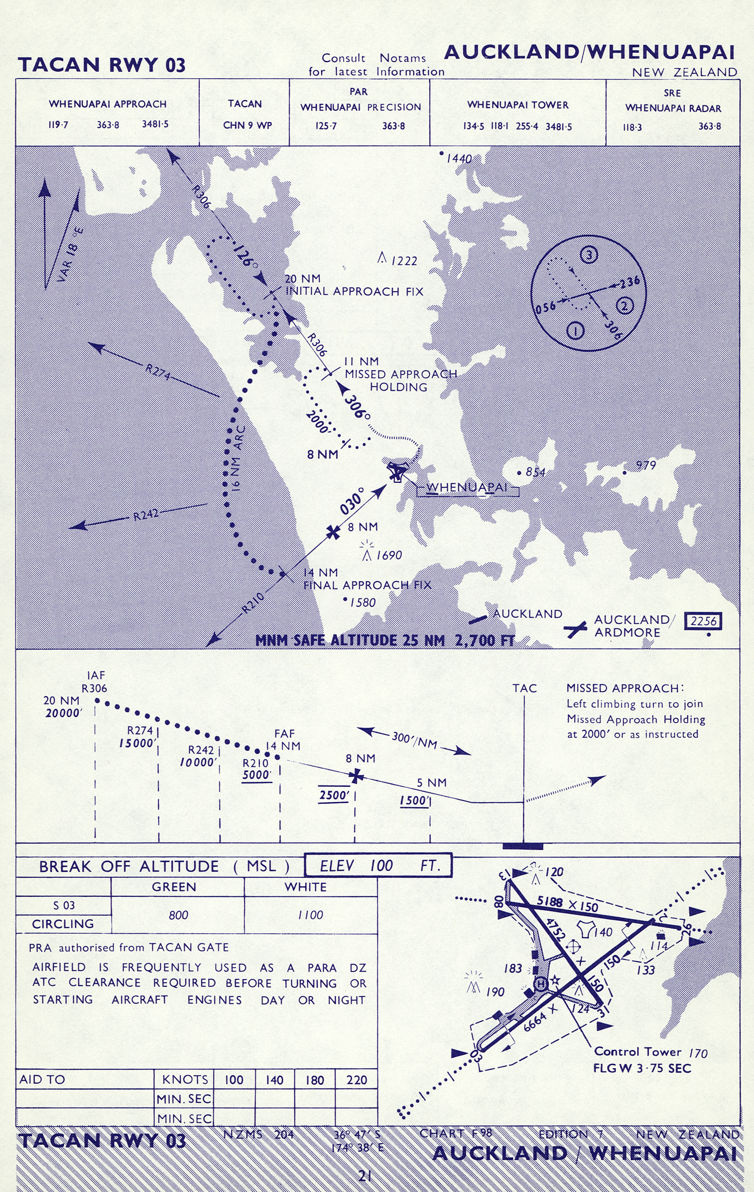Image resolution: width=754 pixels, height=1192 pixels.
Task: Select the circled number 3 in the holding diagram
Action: pyautogui.click(x=589, y=255)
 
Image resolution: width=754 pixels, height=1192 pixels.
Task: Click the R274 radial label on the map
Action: pyautogui.click(x=157, y=372)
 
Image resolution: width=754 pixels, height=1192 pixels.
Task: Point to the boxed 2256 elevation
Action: pyautogui.click(x=703, y=621)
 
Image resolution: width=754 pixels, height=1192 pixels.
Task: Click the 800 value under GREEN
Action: pyautogui.click(x=178, y=915)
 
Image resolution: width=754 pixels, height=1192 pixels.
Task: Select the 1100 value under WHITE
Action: pyautogui.click(x=310, y=915)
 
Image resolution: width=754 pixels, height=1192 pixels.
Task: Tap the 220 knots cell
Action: pyautogui.click(x=357, y=1080)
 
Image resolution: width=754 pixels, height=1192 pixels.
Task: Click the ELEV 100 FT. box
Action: pyautogui.click(x=378, y=866)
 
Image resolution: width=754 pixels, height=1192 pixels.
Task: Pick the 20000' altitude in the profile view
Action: pyautogui.click(x=63, y=713)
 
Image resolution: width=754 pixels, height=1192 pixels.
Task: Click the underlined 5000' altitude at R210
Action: pyautogui.click(x=256, y=775)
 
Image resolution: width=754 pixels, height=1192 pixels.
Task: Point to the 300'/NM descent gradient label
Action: pyautogui.click(x=414, y=740)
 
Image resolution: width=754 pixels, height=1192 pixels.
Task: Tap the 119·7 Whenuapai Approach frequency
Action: pyautogui.click(x=58, y=124)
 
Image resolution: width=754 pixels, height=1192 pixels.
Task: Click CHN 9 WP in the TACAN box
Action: pyautogui.click(x=247, y=125)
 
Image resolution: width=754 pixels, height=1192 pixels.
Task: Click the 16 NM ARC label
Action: pyautogui.click(x=237, y=457)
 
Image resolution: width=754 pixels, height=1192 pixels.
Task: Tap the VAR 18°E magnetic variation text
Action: pyautogui.click(x=71, y=254)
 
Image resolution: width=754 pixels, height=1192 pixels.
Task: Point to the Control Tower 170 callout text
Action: pyautogui.click(x=650, y=1052)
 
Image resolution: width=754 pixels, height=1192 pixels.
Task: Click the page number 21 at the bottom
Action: pyautogui.click(x=365, y=1176)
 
